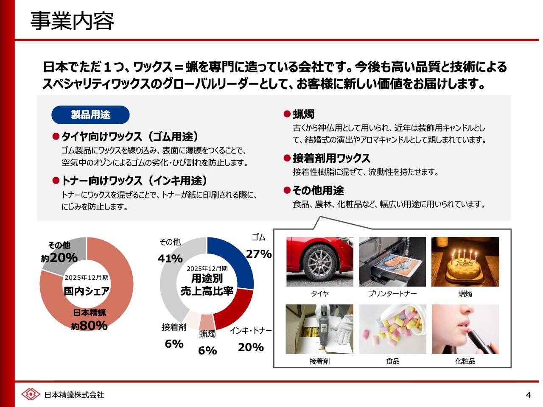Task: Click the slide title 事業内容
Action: (72, 21)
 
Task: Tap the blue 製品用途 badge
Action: (90, 114)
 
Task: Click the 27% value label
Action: (259, 254)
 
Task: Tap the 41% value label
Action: (170, 259)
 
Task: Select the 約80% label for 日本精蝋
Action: (90, 326)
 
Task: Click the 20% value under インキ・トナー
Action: (251, 347)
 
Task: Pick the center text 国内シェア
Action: (87, 291)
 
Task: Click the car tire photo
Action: (319, 262)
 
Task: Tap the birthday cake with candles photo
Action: (465, 262)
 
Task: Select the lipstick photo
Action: (465, 329)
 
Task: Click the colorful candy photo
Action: (392, 329)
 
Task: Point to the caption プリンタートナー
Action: (392, 293)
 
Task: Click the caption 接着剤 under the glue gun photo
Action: (319, 361)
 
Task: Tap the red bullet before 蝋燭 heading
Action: (287, 114)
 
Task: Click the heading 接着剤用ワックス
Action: (331, 158)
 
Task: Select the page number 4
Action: (528, 395)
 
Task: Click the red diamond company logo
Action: (31, 394)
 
